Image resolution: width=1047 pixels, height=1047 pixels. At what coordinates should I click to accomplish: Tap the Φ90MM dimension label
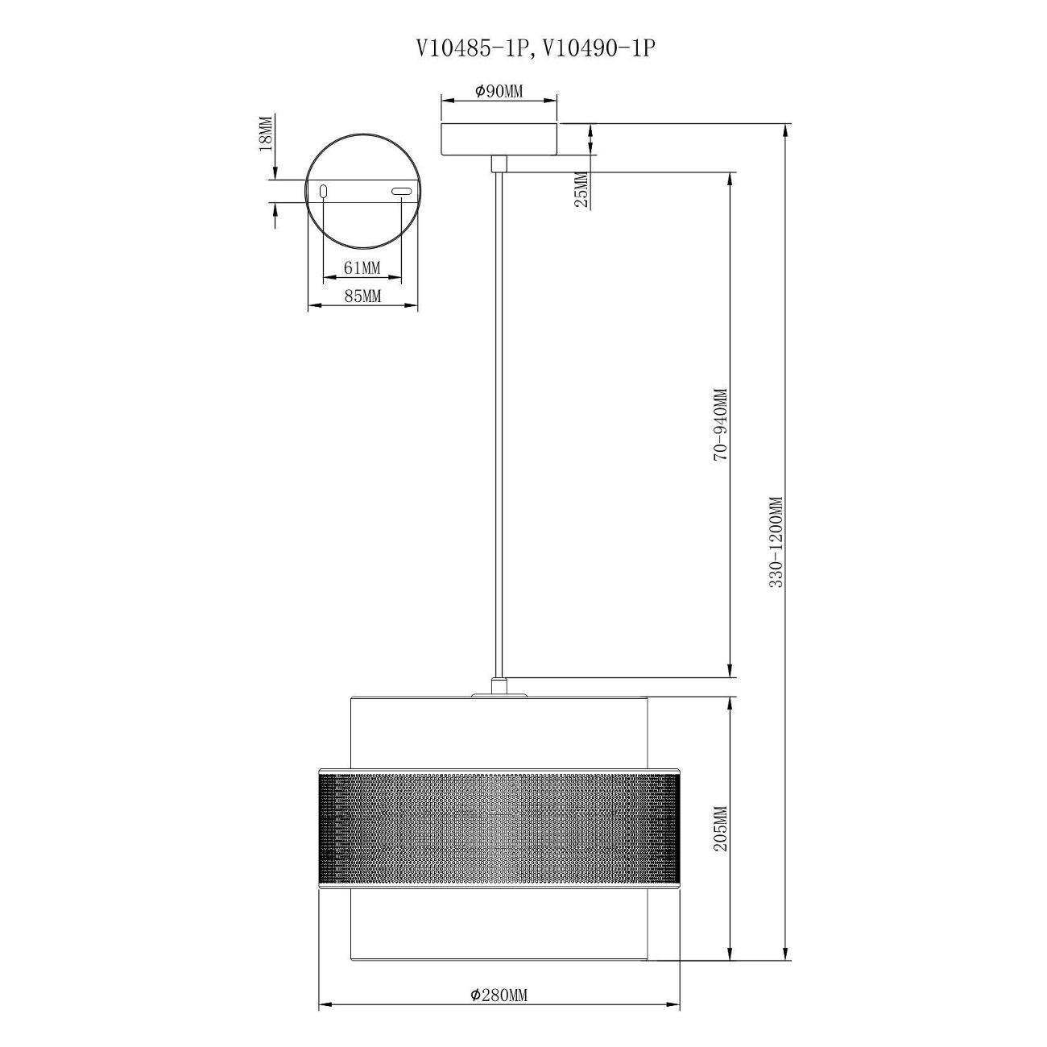tap(499, 91)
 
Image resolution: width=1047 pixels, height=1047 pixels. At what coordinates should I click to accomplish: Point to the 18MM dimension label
tap(265, 133)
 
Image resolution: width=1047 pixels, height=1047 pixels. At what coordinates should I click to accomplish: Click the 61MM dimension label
tap(362, 267)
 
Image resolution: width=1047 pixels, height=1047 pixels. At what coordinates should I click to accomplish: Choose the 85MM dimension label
tap(362, 296)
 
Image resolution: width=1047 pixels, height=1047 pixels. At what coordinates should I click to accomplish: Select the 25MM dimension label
tap(581, 189)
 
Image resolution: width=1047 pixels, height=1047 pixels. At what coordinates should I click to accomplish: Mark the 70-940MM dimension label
tap(720, 424)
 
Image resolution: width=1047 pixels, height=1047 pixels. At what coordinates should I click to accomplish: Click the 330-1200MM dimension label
tap(777, 542)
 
